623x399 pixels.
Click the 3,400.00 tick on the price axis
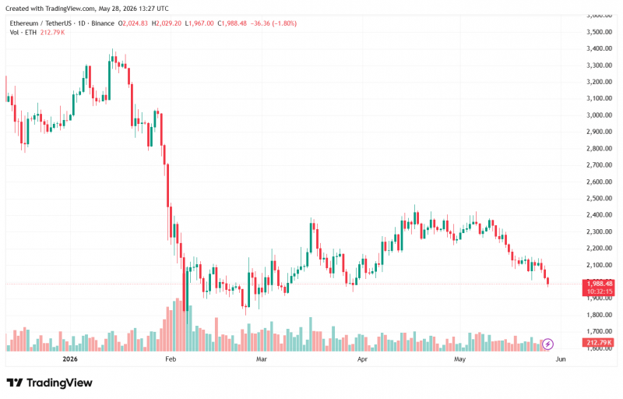point(599,48)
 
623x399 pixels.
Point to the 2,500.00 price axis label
point(599,198)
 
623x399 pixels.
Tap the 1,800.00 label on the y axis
point(599,315)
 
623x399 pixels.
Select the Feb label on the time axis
point(171,359)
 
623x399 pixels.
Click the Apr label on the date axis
point(362,359)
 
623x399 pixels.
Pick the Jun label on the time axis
point(560,359)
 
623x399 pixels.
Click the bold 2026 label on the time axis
point(70,359)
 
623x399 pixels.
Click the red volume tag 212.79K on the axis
point(598,343)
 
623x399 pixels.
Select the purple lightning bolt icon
point(547,344)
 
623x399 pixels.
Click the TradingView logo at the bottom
point(49,383)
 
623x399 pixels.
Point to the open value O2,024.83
point(132,23)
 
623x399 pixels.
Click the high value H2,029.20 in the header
point(167,23)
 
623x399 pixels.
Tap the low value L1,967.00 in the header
point(199,23)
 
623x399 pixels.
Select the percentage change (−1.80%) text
point(284,23)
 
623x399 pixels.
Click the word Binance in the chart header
point(103,23)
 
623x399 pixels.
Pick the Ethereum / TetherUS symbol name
point(40,23)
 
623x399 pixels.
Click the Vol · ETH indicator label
point(23,32)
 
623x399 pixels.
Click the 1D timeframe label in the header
point(82,23)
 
